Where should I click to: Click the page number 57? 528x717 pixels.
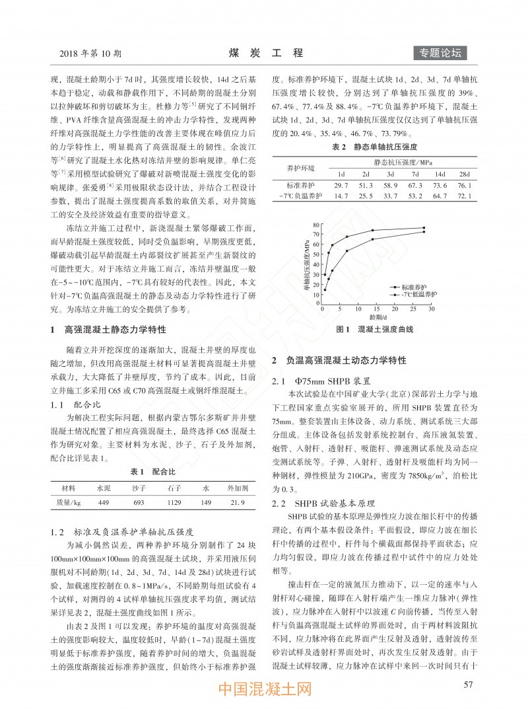coord(469,684)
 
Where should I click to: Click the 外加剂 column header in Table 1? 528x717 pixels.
coord(238,488)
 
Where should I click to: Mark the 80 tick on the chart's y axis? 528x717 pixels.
coord(316,225)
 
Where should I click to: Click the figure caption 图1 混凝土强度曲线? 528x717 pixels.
coord(375,328)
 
